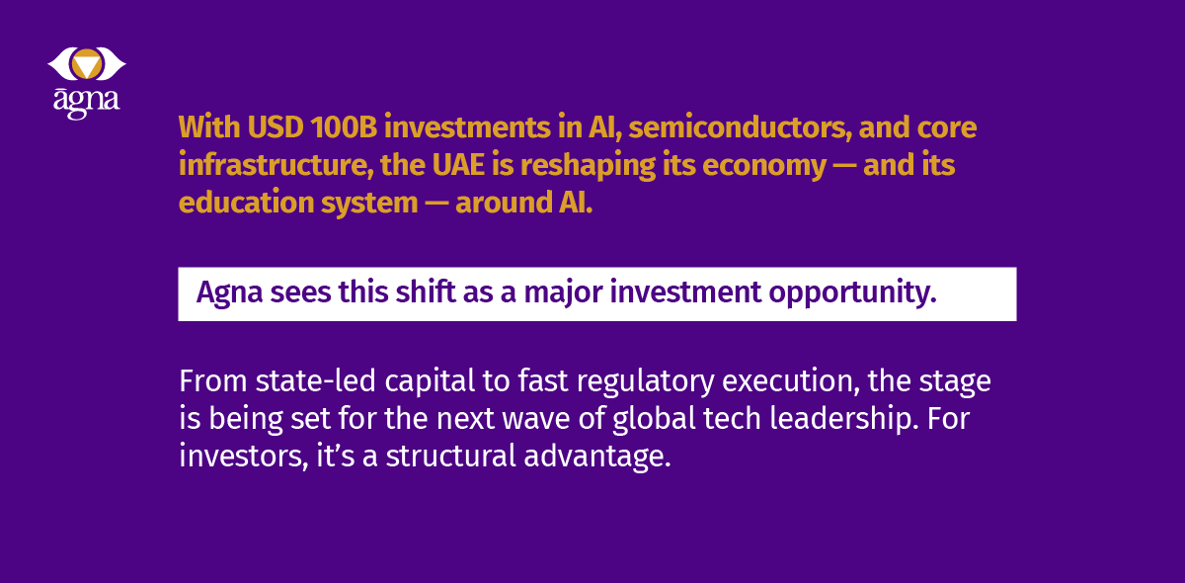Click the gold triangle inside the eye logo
tap(87, 65)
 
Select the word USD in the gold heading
tap(276, 127)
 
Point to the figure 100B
tap(344, 127)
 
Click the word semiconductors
tap(740, 128)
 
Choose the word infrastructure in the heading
tap(273, 165)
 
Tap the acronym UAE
tap(458, 165)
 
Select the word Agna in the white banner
tap(229, 292)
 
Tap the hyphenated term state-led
tap(315, 380)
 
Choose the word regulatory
tap(645, 382)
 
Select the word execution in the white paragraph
tap(791, 381)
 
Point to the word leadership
tap(841, 419)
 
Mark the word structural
tap(450, 456)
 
